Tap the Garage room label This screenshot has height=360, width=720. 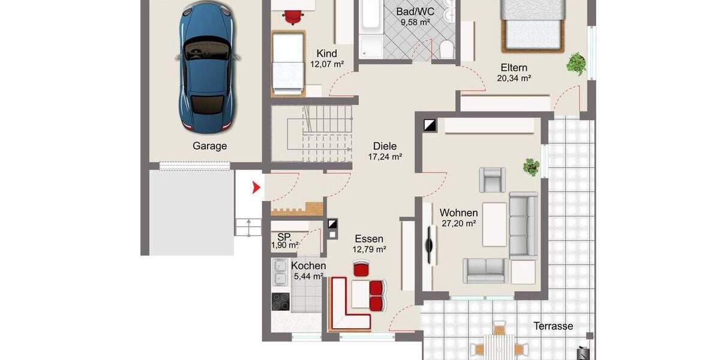[210, 146]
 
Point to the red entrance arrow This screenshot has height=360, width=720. [256, 188]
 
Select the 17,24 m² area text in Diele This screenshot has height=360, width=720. [385, 157]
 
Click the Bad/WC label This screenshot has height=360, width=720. [415, 11]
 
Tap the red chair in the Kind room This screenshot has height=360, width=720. [292, 16]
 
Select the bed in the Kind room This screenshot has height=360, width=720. [287, 62]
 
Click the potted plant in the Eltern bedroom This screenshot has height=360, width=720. [576, 62]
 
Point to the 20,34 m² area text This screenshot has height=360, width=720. [514, 78]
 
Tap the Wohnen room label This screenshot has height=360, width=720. [458, 213]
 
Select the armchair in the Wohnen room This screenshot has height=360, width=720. [492, 179]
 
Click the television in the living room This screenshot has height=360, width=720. [430, 245]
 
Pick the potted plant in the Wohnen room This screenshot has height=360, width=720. [531, 166]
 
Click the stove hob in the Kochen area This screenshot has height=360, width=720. [280, 301]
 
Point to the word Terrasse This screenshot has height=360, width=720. [553, 326]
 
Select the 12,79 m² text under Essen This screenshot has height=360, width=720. [368, 249]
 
